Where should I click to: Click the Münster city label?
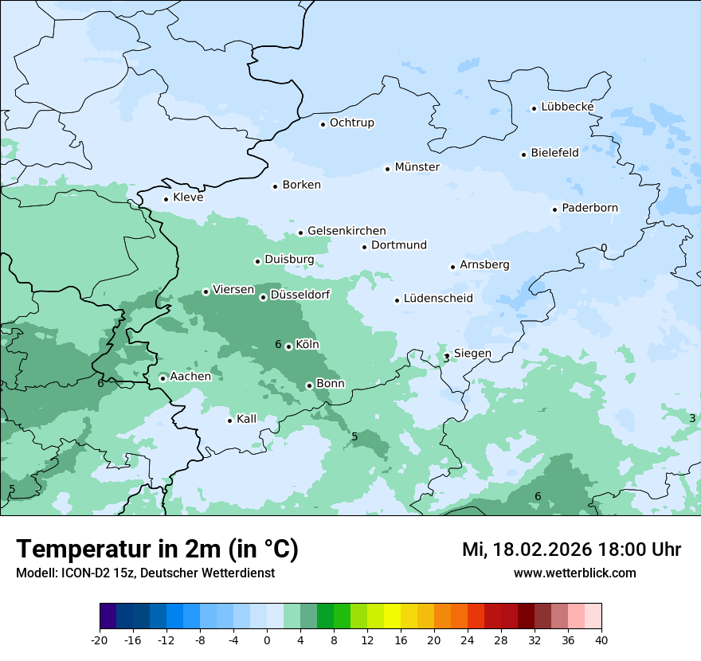pyautogui.click(x=417, y=167)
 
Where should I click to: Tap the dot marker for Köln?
pyautogui.click(x=288, y=346)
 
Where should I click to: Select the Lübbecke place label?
pyautogui.click(x=567, y=107)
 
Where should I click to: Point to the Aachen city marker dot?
pyautogui.click(x=163, y=378)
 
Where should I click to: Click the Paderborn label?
pyautogui.click(x=589, y=208)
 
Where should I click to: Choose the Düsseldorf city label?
pyautogui.click(x=300, y=295)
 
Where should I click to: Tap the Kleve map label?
pyautogui.click(x=188, y=198)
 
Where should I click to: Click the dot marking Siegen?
pyautogui.click(x=447, y=355)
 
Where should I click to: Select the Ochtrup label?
pyautogui.click(x=351, y=123)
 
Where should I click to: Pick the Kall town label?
pyautogui.click(x=246, y=419)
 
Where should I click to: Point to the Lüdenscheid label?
pyautogui.click(x=438, y=299)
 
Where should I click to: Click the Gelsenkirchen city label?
pyautogui.click(x=347, y=231)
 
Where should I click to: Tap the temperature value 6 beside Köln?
pyautogui.click(x=278, y=345)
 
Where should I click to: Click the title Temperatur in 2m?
pyautogui.click(x=157, y=550)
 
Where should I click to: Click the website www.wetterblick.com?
pyautogui.click(x=574, y=573)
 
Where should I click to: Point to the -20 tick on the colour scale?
pyautogui.click(x=100, y=639)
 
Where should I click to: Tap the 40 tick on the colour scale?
pyautogui.click(x=601, y=639)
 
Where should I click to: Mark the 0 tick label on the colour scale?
pyautogui.click(x=267, y=639)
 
